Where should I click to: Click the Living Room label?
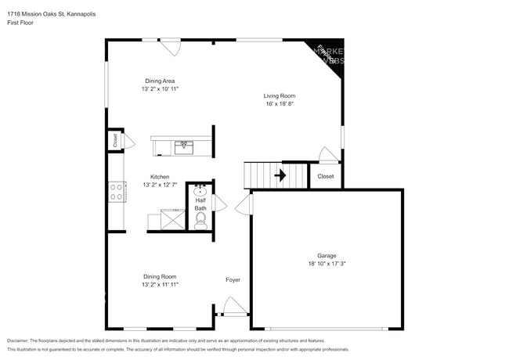pyautogui.click(x=279, y=96)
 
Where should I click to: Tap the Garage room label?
pyautogui.click(x=327, y=256)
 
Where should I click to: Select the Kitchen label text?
pyautogui.click(x=160, y=177)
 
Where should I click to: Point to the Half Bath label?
pyautogui.click(x=200, y=204)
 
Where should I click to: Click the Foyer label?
pyautogui.click(x=233, y=279)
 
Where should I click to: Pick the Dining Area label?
pyautogui.click(x=160, y=81)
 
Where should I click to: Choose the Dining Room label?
pyautogui.click(x=160, y=275)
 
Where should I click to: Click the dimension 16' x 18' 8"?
pyautogui.click(x=279, y=105)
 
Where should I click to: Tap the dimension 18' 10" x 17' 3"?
pyautogui.click(x=327, y=265)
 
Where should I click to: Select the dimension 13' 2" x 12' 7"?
pyautogui.click(x=160, y=185)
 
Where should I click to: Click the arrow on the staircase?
pyautogui.click(x=279, y=176)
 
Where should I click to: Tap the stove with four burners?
pyautogui.click(x=117, y=192)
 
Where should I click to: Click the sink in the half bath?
pyautogui.click(x=200, y=190)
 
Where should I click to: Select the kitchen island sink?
pyautogui.click(x=185, y=145)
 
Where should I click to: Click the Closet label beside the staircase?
pyautogui.click(x=325, y=176)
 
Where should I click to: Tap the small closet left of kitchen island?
pyautogui.click(x=115, y=141)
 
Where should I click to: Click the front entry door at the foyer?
pyautogui.click(x=233, y=307)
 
